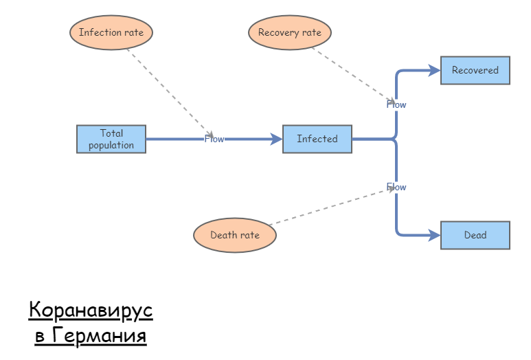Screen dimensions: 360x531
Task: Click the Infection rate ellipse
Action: point(111,32)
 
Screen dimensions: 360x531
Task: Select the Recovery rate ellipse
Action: point(290,32)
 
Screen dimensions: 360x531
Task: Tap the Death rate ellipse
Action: point(235,235)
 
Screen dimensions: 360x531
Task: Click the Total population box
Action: point(111,139)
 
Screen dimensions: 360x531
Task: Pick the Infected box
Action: point(317,139)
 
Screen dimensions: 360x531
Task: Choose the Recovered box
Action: point(475,70)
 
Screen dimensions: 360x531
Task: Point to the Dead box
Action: point(475,235)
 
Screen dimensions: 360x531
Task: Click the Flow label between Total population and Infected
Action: point(214,139)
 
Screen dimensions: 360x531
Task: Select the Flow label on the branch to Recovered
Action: point(396,104)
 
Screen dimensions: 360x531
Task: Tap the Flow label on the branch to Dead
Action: point(396,187)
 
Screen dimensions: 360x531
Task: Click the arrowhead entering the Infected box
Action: point(277,139)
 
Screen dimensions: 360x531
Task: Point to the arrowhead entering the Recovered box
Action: point(434,70)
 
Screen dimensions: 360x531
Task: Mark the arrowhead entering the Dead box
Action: point(434,235)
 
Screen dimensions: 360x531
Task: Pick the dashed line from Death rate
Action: point(330,206)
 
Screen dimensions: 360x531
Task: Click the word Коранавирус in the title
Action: point(91,311)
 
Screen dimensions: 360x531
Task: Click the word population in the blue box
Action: point(111,145)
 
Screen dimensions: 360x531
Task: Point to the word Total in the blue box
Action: point(111,133)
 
